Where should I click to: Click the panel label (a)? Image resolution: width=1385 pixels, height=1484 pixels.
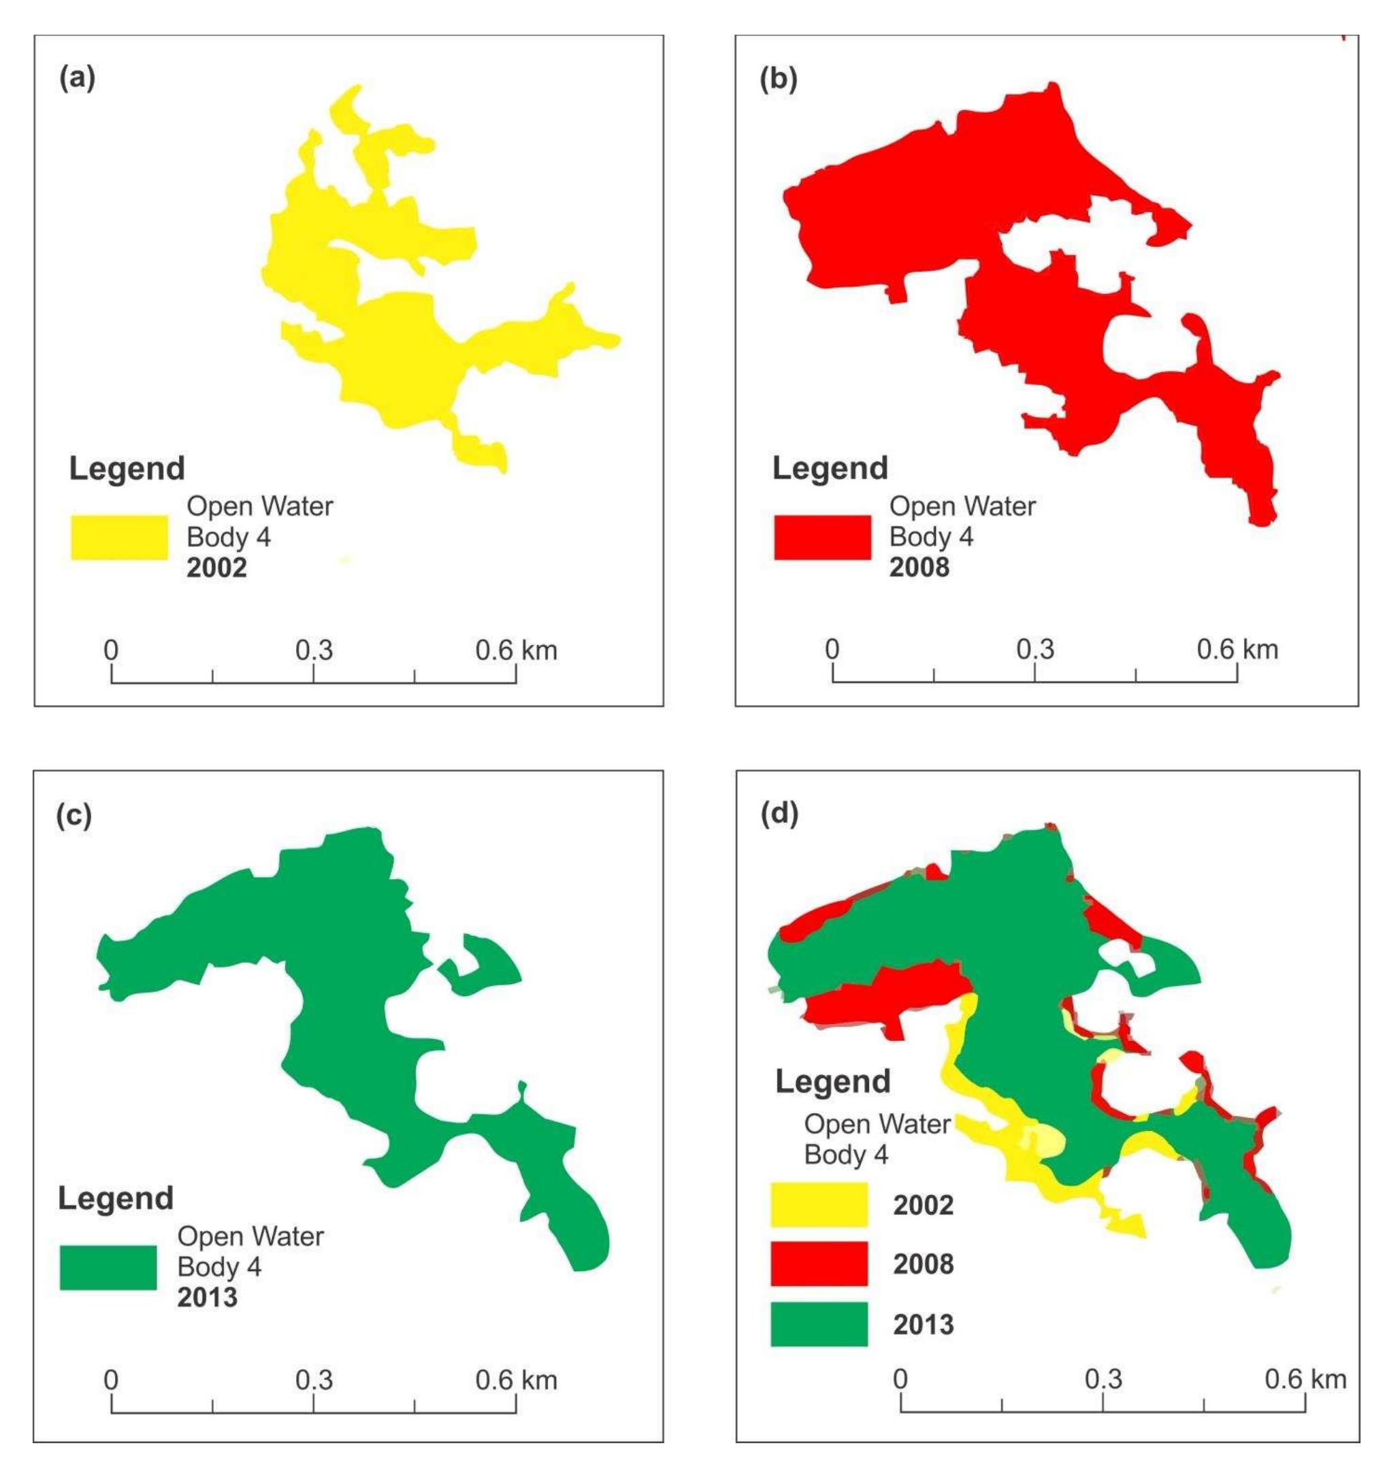pos(77,78)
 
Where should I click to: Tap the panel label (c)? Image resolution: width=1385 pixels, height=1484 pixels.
pos(74,816)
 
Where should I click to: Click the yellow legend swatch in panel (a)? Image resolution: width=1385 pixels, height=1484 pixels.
pos(120,537)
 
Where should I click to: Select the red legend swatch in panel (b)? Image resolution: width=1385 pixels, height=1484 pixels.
pos(822,537)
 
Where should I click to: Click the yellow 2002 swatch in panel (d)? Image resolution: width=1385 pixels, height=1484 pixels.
pos(819,1205)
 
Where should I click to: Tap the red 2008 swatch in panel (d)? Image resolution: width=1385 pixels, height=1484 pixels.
pos(819,1264)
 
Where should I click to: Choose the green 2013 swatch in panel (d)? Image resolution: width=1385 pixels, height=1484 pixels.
pos(819,1324)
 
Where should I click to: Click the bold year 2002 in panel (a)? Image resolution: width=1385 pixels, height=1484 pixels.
pos(216,568)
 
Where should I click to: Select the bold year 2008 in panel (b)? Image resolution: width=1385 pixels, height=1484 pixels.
pos(919,567)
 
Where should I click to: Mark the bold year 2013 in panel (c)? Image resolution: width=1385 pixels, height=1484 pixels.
pos(208,1298)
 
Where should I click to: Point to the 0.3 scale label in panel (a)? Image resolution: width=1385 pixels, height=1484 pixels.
pos(314,651)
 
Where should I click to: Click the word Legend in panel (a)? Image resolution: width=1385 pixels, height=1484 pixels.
pos(127,469)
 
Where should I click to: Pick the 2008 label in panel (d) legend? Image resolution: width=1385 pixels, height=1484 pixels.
pos(924,1264)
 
